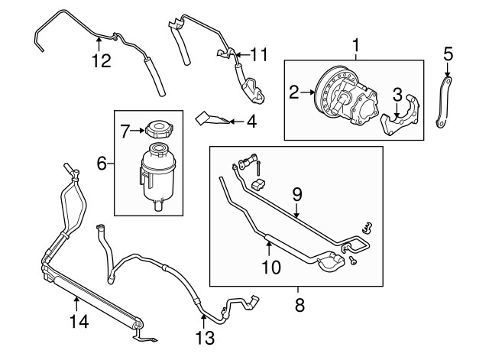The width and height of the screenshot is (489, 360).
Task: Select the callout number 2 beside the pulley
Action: [293, 93]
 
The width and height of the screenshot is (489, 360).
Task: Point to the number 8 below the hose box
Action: [300, 306]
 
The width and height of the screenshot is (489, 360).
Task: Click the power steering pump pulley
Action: [329, 98]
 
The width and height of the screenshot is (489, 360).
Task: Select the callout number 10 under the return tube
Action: [270, 267]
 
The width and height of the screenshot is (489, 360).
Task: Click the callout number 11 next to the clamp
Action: [261, 55]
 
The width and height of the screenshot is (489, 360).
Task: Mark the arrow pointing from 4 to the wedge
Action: [238, 120]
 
